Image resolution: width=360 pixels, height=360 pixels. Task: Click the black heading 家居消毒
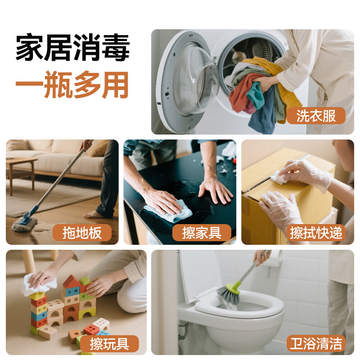click(x=73, y=48)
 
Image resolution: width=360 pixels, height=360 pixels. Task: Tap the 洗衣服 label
click(x=316, y=116)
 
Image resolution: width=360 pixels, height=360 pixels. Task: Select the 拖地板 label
click(x=82, y=233)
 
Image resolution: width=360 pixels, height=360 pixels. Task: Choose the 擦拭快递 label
click(x=316, y=233)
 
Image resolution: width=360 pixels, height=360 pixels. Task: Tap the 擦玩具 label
click(x=109, y=344)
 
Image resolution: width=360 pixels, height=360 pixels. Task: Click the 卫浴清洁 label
click(x=316, y=344)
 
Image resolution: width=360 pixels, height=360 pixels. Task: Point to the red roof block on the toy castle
click(x=71, y=282)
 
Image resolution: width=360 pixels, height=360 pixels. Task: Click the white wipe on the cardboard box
click(x=279, y=178)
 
